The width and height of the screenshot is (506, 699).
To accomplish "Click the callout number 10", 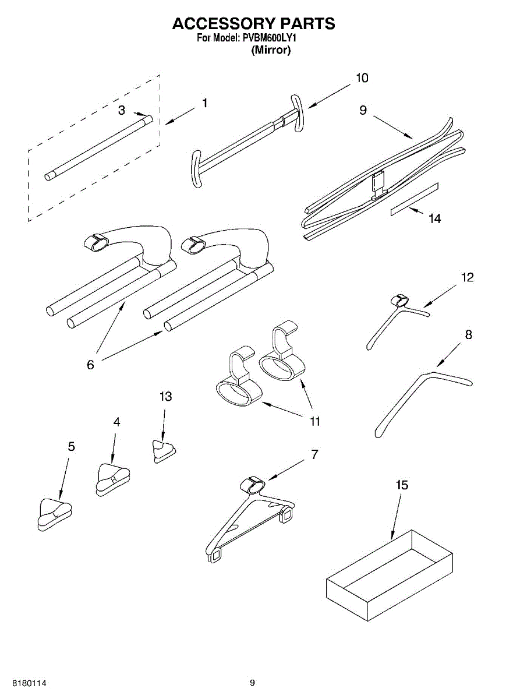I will [362, 78].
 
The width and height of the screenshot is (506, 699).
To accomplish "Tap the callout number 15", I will [402, 485].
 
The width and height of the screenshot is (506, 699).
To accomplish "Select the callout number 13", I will [165, 396].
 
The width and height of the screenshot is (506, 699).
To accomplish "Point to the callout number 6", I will [90, 365].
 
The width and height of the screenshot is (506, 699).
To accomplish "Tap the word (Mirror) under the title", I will [271, 50].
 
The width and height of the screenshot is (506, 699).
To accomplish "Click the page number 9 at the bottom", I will [252, 683].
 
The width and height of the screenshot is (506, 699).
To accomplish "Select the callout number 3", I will [121, 110].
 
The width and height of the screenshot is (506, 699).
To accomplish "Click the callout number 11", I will [314, 421].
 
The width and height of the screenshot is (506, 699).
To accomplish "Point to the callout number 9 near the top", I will [363, 110].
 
